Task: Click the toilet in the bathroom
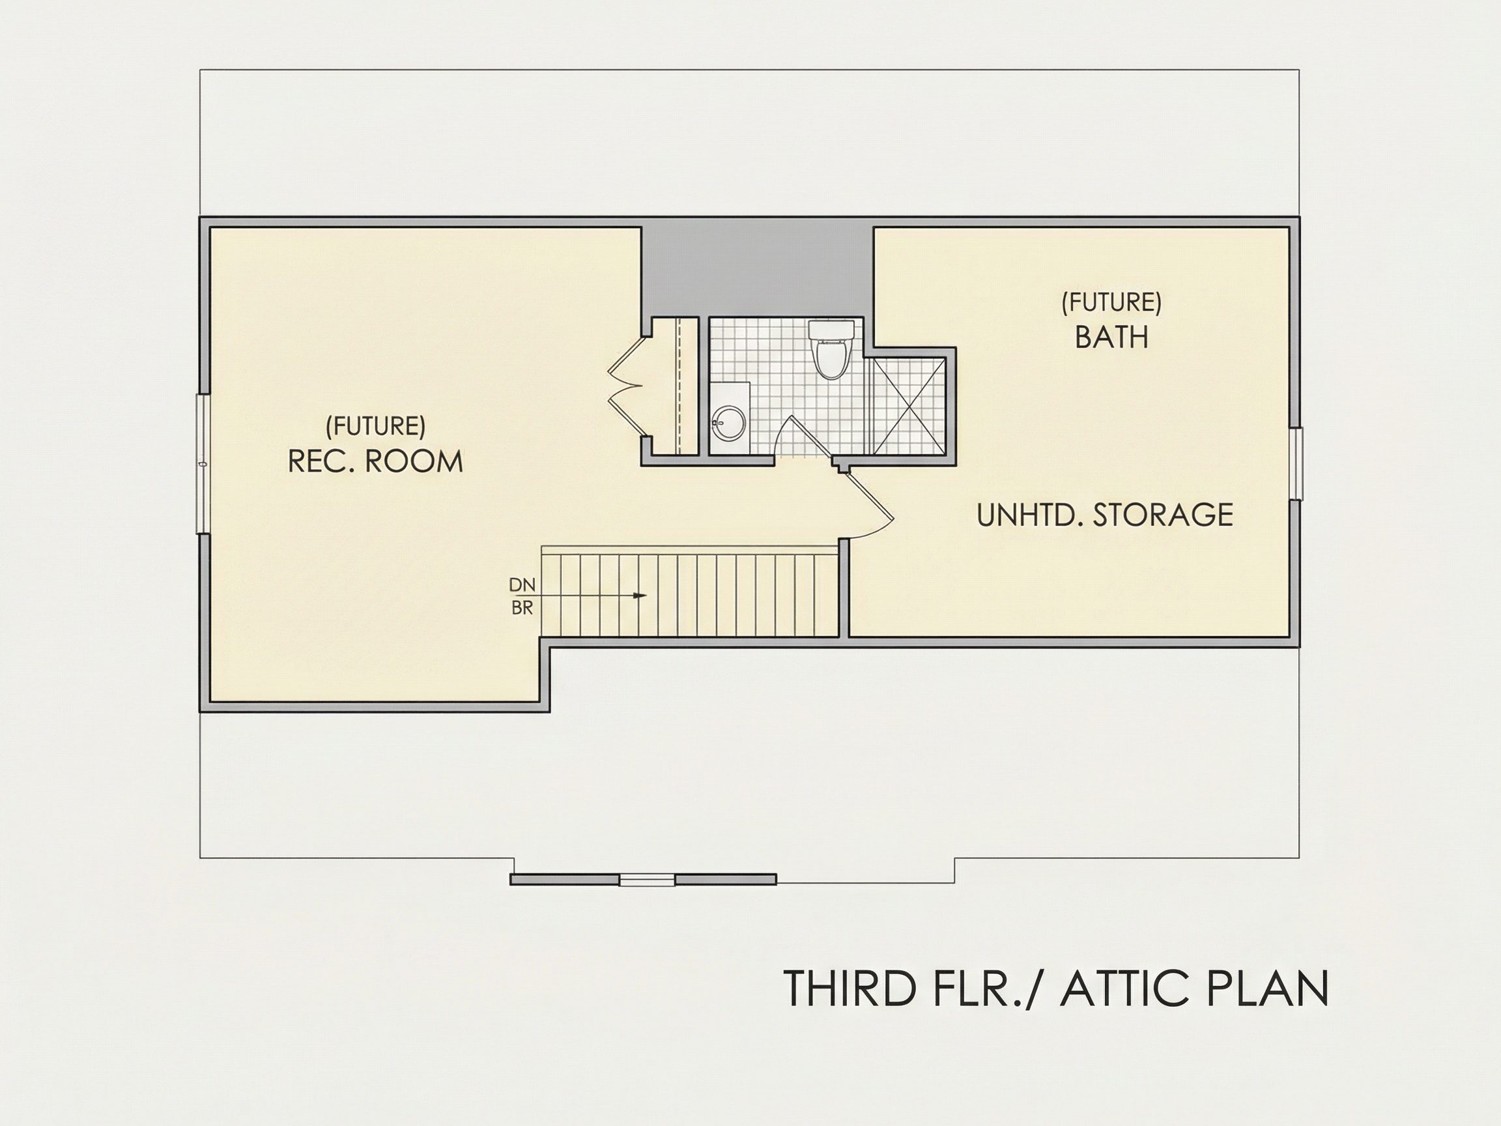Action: click(831, 349)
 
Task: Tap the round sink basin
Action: click(730, 422)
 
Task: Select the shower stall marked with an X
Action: click(909, 405)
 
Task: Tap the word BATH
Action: click(1111, 337)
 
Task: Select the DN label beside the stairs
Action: click(522, 585)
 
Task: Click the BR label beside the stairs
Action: click(522, 609)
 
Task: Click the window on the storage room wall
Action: click(1295, 463)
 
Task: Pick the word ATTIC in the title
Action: click(1113, 989)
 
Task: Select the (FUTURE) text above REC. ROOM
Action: click(375, 426)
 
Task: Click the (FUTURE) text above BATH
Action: click(1111, 302)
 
